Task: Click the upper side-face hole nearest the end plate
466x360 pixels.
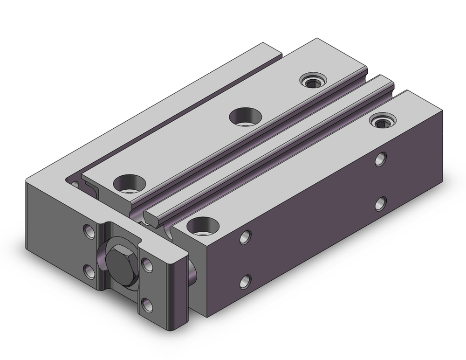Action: [244, 237]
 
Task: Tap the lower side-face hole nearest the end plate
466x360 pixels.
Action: [245, 281]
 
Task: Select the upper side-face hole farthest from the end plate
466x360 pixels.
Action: [381, 159]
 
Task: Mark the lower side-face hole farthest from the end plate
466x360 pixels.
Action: [381, 203]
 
